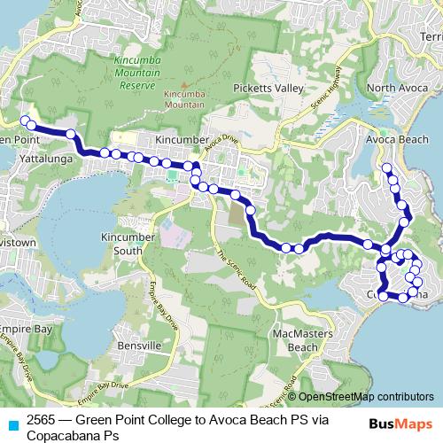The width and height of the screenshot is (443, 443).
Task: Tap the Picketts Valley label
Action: point(268,89)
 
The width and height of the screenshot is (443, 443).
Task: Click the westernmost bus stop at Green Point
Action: point(25,120)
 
